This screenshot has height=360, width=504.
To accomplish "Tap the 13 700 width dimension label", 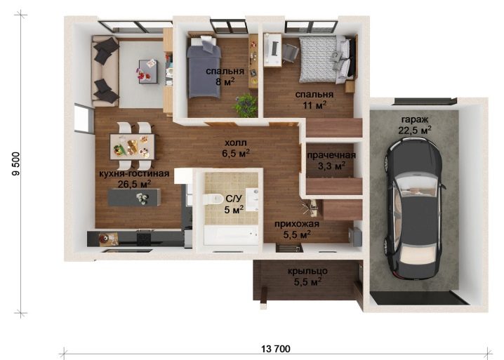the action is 275,349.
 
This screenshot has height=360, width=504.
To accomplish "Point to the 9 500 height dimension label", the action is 16,164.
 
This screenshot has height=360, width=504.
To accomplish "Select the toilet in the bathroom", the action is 213,199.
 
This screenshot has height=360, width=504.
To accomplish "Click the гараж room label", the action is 415,119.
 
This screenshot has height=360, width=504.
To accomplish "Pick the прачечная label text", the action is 331,155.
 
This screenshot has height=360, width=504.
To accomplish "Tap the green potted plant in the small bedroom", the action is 246,105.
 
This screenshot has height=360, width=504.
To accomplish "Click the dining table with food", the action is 132,146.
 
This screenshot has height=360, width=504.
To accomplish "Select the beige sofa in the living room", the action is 105,72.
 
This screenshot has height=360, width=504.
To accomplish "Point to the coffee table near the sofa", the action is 148,72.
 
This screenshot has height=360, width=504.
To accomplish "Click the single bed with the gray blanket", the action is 204,67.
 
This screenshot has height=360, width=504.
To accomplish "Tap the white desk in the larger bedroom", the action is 273,50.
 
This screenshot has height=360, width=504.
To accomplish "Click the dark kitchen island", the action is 134,197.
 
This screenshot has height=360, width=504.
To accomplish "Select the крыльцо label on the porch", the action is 307,271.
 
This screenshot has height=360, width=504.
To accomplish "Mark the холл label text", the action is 236,142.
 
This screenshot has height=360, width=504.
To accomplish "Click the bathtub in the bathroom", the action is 231,235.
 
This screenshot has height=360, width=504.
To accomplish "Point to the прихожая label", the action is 297,224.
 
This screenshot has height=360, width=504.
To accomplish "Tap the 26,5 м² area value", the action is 134,185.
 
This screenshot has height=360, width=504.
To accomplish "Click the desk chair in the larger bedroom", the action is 291,52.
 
